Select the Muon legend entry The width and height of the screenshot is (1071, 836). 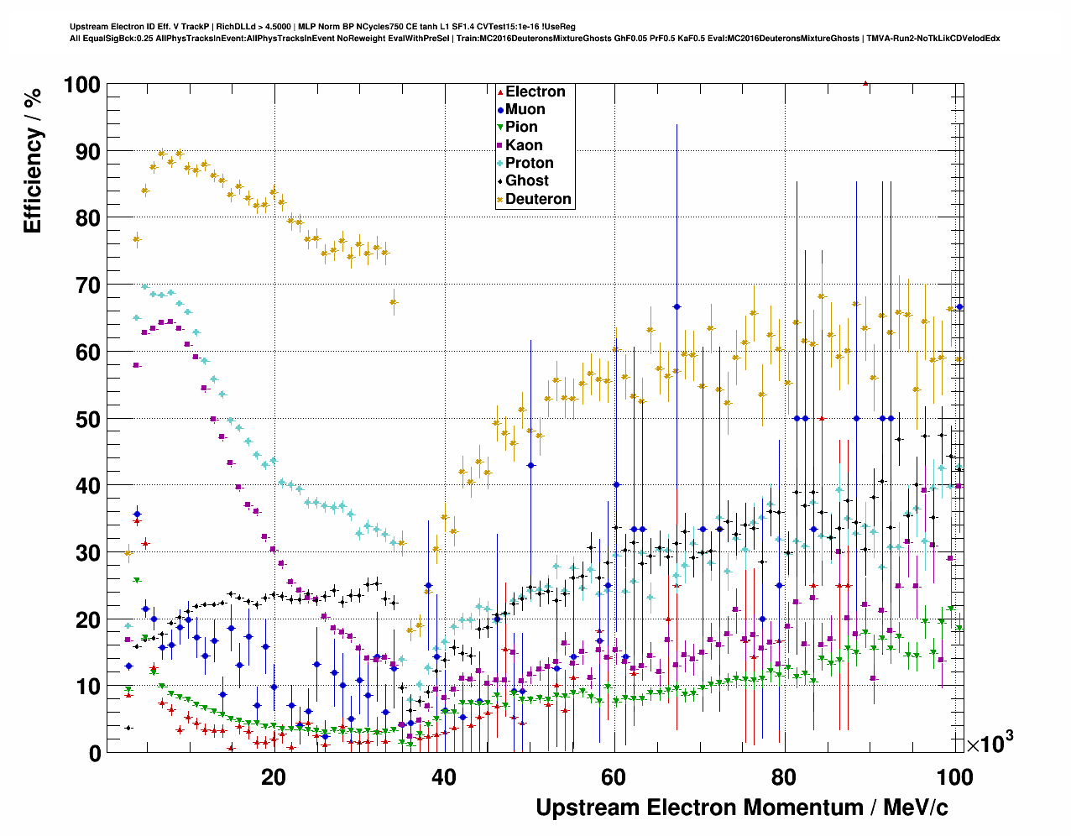tap(525, 109)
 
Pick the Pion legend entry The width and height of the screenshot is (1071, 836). tap(521, 127)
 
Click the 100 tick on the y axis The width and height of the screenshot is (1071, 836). tap(81, 85)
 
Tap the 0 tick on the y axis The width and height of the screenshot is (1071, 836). tap(93, 753)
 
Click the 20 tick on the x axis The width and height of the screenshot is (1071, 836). tap(274, 776)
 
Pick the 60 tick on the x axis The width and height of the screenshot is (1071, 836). tap(614, 776)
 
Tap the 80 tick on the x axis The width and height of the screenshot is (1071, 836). tap(784, 776)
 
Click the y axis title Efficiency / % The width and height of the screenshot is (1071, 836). tap(33, 159)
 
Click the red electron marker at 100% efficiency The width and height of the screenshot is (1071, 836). tap(866, 83)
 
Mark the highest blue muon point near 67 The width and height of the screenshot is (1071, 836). tap(677, 306)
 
